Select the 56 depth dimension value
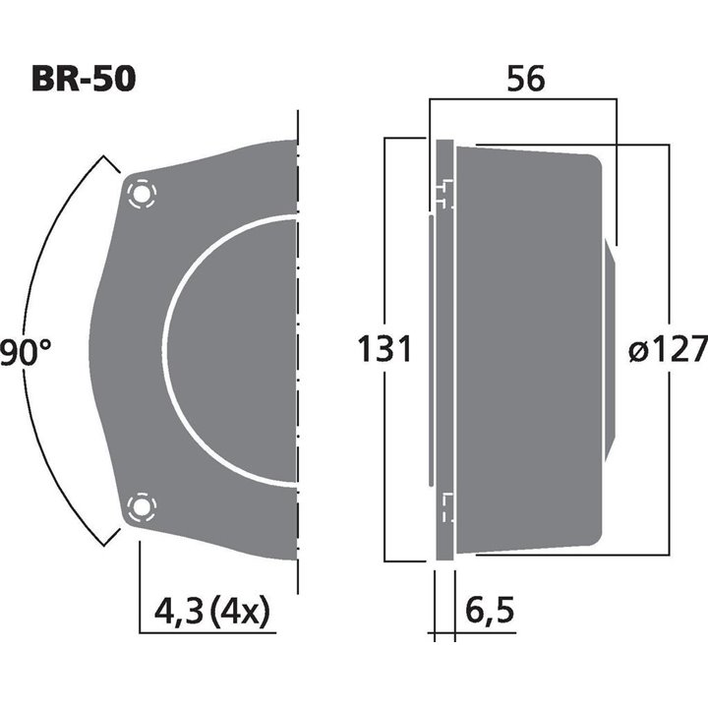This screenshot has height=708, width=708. (x=526, y=81)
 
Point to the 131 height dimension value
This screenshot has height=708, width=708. (x=383, y=349)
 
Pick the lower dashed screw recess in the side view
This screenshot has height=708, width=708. (x=445, y=507)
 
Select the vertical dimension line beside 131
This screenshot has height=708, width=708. (x=384, y=246)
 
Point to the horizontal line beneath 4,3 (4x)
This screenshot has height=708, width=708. (x=206, y=632)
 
